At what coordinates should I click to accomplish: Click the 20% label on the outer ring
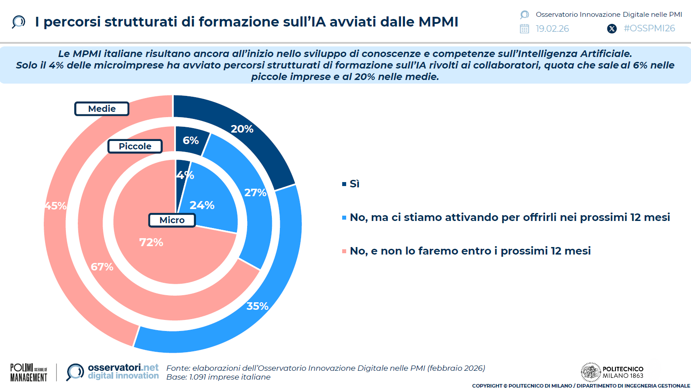click(x=242, y=129)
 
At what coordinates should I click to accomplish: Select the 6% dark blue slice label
click(x=191, y=141)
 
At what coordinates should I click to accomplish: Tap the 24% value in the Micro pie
click(x=202, y=205)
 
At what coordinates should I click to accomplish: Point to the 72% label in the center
click(x=151, y=242)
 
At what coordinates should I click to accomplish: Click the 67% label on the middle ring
click(x=102, y=267)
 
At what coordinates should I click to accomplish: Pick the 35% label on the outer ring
click(x=257, y=306)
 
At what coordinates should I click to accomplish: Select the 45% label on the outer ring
click(x=56, y=206)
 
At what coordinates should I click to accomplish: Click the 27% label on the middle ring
click(x=255, y=193)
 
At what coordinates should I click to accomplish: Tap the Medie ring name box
click(x=102, y=109)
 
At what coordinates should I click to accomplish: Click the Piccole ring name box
click(x=135, y=146)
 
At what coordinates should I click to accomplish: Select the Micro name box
click(x=172, y=220)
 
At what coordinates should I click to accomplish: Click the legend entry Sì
click(x=354, y=184)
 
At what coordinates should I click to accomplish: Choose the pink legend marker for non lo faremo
click(x=344, y=251)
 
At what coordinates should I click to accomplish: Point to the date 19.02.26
click(x=552, y=29)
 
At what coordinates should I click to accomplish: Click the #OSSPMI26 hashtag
click(x=649, y=28)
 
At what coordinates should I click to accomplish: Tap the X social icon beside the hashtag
click(x=612, y=29)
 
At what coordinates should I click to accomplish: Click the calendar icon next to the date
click(x=524, y=29)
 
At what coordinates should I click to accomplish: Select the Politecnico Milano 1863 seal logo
click(x=590, y=372)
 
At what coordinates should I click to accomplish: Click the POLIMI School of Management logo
click(x=29, y=373)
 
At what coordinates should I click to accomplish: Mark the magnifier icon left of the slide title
click(x=19, y=22)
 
